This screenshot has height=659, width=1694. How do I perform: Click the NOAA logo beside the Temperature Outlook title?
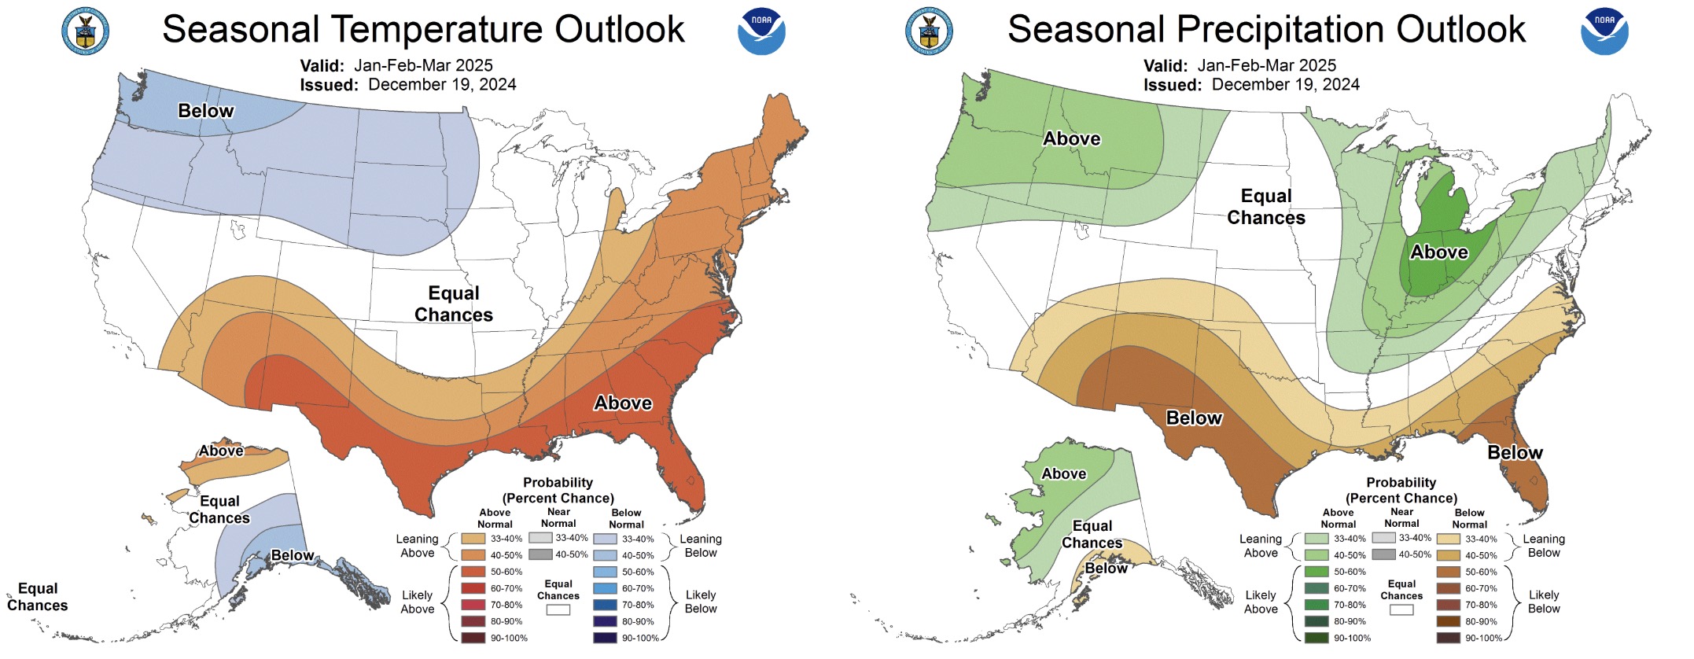point(760,31)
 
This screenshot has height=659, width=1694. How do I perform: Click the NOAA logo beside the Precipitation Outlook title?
point(1604,31)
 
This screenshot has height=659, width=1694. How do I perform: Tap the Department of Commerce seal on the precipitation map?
point(929,31)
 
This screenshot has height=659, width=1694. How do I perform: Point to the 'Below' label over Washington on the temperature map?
point(205,111)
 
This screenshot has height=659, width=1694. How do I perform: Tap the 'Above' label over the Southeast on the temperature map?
point(623,403)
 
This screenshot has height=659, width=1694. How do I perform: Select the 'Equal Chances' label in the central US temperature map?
point(454,304)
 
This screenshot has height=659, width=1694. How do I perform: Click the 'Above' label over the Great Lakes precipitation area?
point(1439,252)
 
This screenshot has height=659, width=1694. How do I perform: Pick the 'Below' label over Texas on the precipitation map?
point(1194,418)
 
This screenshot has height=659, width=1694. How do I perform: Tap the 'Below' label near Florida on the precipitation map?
point(1515,453)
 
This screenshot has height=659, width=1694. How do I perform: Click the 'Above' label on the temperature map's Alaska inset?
point(221,451)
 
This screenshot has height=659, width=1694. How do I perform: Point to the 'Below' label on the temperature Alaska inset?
point(293,556)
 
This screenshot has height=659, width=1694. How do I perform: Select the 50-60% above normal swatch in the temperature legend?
point(473,572)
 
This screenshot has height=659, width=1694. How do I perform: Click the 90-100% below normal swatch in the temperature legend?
point(605,638)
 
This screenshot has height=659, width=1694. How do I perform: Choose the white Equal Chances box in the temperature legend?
point(558,609)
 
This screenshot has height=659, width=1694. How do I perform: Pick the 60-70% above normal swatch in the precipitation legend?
point(1317,588)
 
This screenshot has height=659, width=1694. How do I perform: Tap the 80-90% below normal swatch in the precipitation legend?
point(1448,621)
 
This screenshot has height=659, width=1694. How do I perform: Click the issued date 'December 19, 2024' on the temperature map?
point(442,85)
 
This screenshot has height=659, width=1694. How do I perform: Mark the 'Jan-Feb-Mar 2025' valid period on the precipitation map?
point(1266,65)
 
